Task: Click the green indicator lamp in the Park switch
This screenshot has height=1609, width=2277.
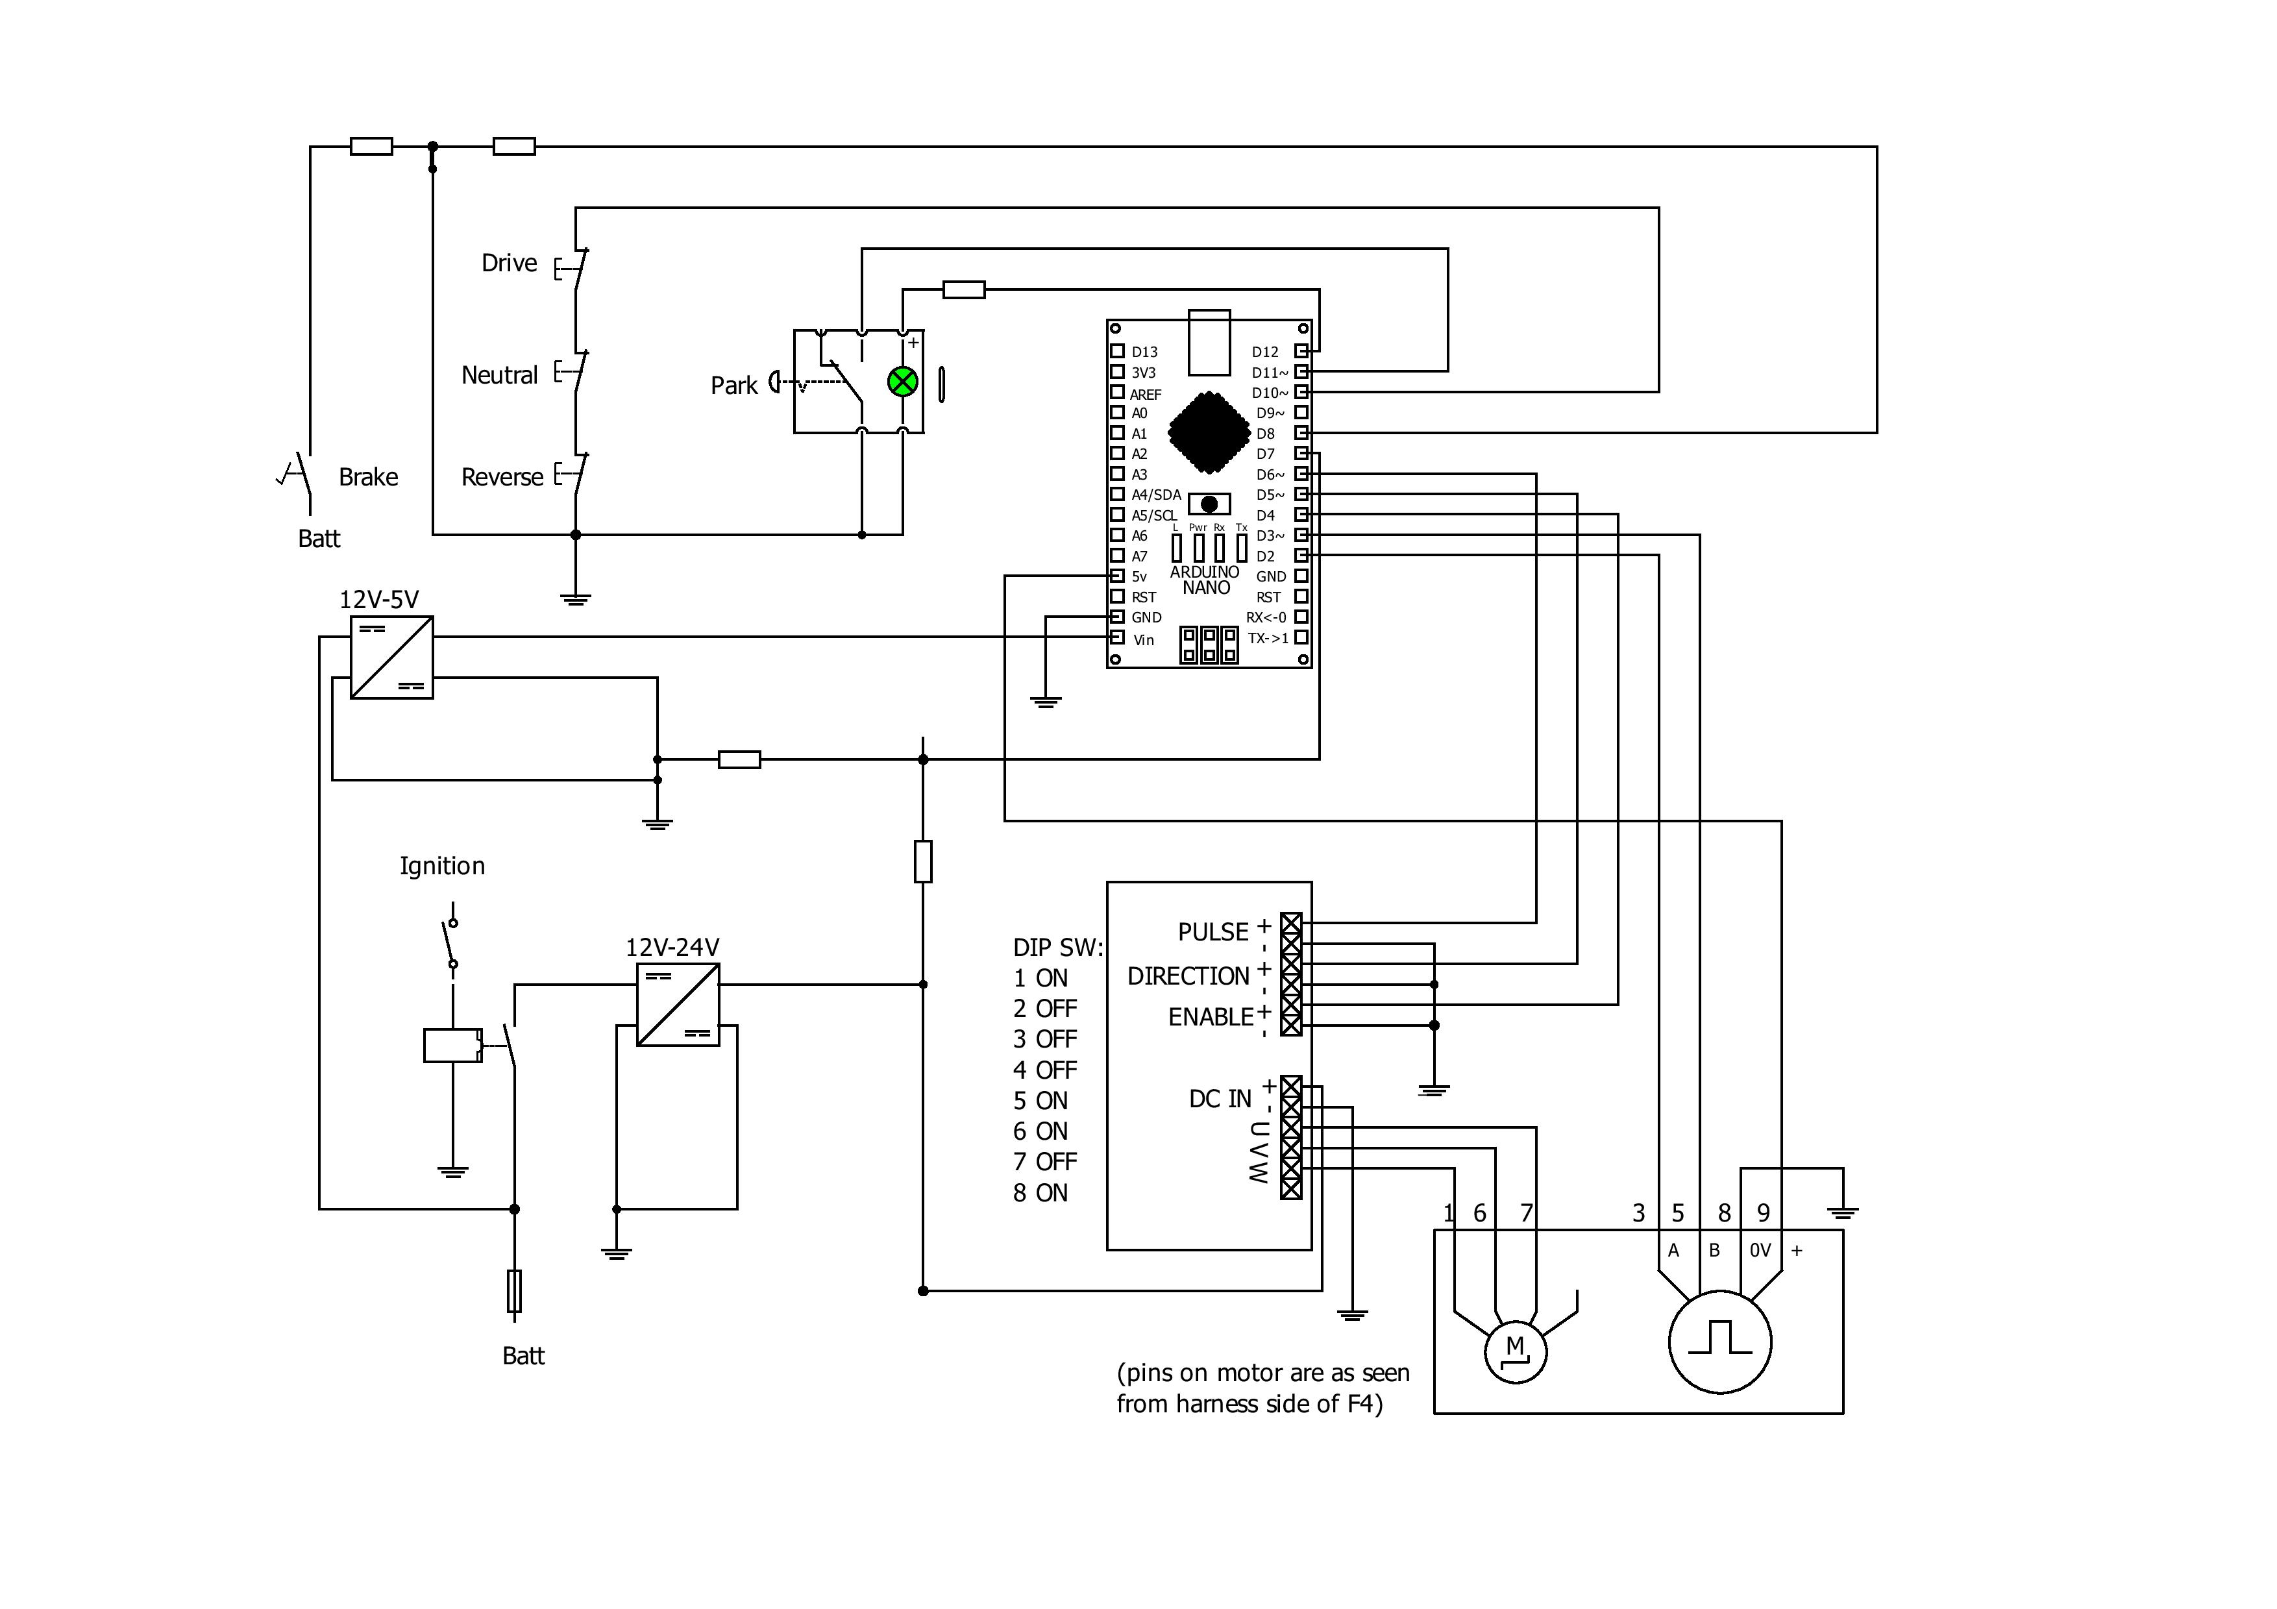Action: [902, 382]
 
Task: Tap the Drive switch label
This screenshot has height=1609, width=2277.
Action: [509, 263]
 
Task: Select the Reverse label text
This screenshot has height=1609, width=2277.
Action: [502, 477]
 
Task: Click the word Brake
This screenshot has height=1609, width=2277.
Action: [368, 477]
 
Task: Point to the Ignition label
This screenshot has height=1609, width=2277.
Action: [442, 865]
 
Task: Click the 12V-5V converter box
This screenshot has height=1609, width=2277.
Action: [392, 657]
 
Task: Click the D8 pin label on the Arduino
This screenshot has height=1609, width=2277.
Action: [1266, 433]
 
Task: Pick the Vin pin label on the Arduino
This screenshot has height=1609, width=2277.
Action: [1144, 639]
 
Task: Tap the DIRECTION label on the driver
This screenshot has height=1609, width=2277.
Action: [1188, 977]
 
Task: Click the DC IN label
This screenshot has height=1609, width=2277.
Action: [1220, 1098]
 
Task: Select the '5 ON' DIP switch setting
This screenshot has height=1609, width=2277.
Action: [1040, 1100]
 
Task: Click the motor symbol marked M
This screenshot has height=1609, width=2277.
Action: [1514, 1349]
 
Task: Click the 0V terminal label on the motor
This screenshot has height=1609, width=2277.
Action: [1759, 1251]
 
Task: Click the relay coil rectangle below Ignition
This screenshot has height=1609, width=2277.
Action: [452, 1046]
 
